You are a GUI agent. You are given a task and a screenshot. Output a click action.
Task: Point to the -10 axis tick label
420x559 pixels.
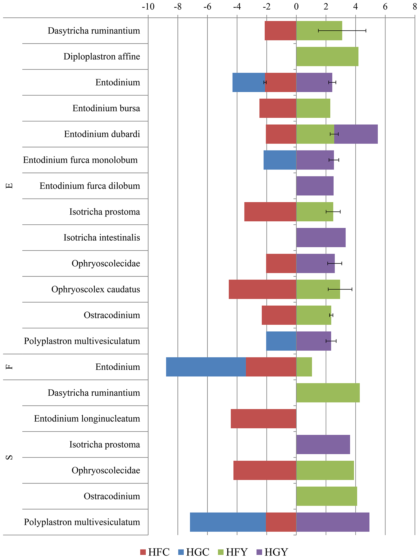[148, 7]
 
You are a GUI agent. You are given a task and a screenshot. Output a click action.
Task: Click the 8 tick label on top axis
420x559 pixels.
[415, 7]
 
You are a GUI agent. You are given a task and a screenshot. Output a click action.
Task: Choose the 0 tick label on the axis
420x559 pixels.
[296, 7]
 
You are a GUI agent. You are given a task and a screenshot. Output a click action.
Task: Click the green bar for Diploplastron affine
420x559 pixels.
[327, 56]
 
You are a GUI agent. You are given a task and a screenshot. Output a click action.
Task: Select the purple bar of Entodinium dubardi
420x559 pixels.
[356, 134]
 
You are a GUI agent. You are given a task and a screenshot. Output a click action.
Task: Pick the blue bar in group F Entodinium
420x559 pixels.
[206, 367]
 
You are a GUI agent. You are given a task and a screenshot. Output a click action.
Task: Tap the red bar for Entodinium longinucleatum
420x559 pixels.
[264, 419]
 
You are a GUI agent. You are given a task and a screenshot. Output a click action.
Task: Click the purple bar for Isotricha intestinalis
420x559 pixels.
[321, 237]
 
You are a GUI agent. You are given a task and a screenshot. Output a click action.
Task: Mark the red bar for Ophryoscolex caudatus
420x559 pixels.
[262, 289]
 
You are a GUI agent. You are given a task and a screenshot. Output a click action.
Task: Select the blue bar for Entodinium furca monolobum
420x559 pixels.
[280, 160]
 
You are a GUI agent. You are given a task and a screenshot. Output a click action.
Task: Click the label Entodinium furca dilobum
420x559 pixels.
[90, 186]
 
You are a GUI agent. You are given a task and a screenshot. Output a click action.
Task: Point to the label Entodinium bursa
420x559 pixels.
[106, 108]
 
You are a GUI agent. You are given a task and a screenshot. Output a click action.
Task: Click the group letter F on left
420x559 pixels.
[9, 367]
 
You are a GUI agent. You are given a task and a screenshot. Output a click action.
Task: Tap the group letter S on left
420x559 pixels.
[9, 457]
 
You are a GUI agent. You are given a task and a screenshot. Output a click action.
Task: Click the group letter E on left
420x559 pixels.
[9, 186]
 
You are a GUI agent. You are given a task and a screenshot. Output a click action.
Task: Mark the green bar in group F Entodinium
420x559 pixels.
[304, 367]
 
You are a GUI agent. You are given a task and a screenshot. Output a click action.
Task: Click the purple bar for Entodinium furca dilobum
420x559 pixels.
[315, 186]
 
